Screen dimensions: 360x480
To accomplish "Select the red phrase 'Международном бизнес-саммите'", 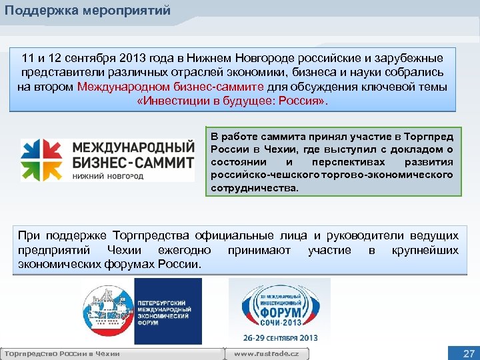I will tap(171, 87).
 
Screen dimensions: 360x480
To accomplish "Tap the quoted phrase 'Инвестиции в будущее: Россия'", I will tap(231, 101).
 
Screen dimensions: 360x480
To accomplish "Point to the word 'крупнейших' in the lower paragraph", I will tap(425, 250).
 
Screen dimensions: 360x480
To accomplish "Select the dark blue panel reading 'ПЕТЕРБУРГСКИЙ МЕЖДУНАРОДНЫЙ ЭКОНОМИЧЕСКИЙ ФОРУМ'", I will tap(168, 311).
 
